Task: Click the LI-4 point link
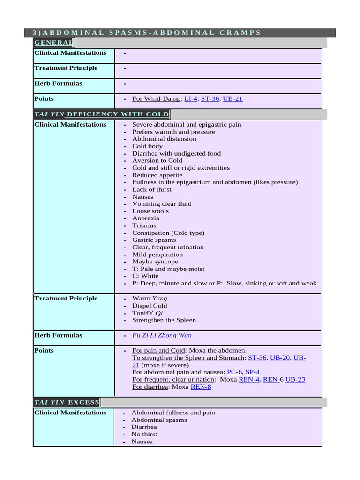[191, 99]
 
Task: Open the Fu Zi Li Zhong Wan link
[162, 336]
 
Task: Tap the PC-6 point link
[234, 372]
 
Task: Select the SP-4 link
[253, 372]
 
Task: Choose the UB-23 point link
[295, 379]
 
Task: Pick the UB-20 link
[280, 358]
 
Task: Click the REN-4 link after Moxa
[248, 379]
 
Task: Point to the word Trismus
[144, 225]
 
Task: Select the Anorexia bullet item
[145, 218]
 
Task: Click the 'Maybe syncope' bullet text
[155, 262]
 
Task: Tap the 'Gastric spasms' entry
[154, 240]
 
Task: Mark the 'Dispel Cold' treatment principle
[150, 306]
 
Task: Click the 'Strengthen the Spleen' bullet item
[164, 320]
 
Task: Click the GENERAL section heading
[52, 43]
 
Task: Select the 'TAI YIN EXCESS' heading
[67, 402]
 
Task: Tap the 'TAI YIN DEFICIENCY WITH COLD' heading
[101, 114]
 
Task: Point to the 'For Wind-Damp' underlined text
[156, 99]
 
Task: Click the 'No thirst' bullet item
[144, 435]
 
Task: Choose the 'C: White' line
[145, 276]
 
